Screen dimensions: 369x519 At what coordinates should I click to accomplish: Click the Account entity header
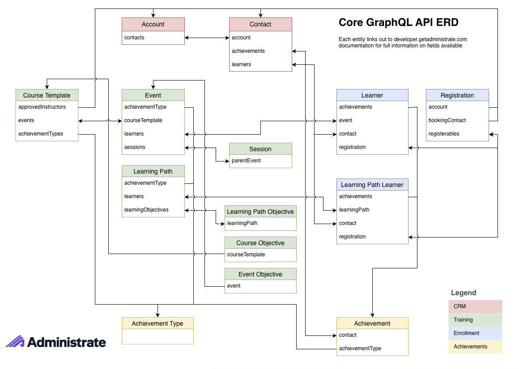point(153,24)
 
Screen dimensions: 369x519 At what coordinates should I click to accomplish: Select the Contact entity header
point(260,24)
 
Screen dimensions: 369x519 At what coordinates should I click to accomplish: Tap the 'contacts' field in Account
point(134,38)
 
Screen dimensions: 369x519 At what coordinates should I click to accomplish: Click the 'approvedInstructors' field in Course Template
point(42,107)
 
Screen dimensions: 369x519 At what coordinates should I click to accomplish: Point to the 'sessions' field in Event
point(135,147)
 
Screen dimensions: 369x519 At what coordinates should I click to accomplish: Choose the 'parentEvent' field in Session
point(246,161)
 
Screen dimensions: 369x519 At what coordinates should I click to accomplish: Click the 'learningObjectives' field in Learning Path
point(146,210)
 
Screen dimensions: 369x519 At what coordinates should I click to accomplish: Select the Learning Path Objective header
point(260,212)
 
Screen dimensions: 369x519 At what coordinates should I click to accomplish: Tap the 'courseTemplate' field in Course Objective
point(246,254)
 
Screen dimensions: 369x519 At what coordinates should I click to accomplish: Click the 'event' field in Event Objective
point(234,286)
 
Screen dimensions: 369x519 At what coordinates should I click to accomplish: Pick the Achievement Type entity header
point(157,323)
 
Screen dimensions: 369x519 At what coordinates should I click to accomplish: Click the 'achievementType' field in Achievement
point(360,348)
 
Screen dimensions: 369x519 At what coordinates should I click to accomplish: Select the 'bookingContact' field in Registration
point(447,120)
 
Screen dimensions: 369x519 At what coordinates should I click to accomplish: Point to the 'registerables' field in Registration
point(444,134)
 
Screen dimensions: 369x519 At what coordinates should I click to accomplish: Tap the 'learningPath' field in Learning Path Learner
point(354,210)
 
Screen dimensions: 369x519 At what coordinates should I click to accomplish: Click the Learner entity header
point(372,95)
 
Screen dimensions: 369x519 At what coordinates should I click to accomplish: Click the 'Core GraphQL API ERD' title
point(398,22)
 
